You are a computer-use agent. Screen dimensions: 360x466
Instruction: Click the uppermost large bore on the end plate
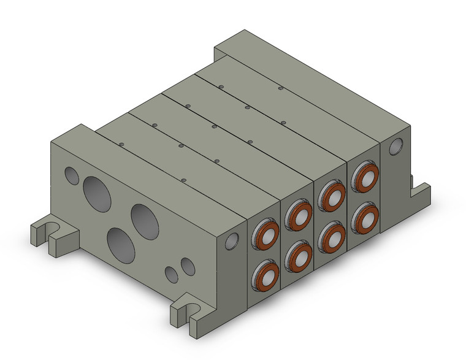click(97, 189)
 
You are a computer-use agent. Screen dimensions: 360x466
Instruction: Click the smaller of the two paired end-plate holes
click(172, 275)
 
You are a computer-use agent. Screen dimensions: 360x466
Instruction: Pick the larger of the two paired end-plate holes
click(188, 267)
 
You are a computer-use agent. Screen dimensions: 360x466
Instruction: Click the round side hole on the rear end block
click(396, 146)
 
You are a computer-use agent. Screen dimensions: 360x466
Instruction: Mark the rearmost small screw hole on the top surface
click(280, 88)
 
